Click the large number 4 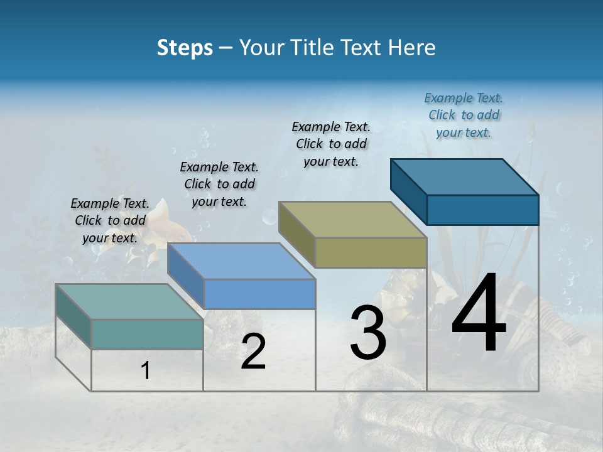pyautogui.click(x=479, y=315)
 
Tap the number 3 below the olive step pyautogui.click(x=367, y=333)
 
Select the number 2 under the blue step pyautogui.click(x=253, y=352)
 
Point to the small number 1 pyautogui.click(x=146, y=371)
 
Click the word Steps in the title pyautogui.click(x=185, y=48)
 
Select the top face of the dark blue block pyautogui.click(x=465, y=176)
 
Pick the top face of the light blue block pyautogui.click(x=242, y=261)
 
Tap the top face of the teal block pyautogui.click(x=129, y=302)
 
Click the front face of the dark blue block pyautogui.click(x=482, y=210)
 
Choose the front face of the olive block pyautogui.click(x=371, y=252)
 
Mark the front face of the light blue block pyautogui.click(x=259, y=294)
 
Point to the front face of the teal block pyautogui.click(x=147, y=334)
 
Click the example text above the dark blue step pyautogui.click(x=464, y=115)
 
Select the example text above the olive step pyautogui.click(x=331, y=144)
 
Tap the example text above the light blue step pyautogui.click(x=219, y=184)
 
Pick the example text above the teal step pyautogui.click(x=110, y=220)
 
